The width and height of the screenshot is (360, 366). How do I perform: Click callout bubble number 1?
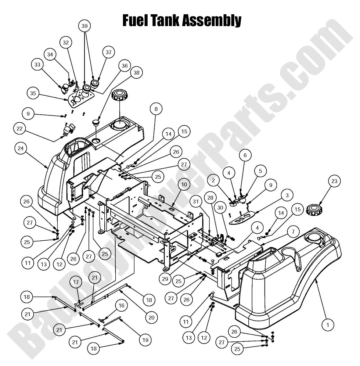pos(328,324)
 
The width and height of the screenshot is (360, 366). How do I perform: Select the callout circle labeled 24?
pos(21,148)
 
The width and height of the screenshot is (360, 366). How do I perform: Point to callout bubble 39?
pos(85,26)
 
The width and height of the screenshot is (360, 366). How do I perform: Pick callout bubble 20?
pos(151,317)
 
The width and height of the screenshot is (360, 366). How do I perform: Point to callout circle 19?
pos(145,340)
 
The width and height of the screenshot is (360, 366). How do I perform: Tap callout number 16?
pos(121,305)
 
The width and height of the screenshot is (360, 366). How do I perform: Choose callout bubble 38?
pos(137,73)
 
